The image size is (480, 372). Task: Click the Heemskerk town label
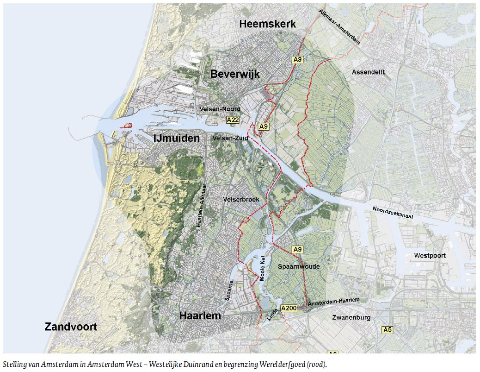(267, 24)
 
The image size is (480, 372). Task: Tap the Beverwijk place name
(235, 74)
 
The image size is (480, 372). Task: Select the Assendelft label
(368, 72)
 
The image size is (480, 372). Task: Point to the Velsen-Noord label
(220, 109)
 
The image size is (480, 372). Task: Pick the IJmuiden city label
(177, 138)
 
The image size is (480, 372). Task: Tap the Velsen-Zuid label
(230, 139)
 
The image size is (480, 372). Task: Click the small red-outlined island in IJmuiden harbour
(126, 125)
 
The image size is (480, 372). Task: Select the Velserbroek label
(241, 199)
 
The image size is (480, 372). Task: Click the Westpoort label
(430, 255)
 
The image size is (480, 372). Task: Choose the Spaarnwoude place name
(299, 267)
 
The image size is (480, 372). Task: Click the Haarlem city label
(200, 316)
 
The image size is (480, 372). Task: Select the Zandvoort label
(71, 327)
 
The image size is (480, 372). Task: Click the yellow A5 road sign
(387, 330)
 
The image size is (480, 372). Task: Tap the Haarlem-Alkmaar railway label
(200, 211)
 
